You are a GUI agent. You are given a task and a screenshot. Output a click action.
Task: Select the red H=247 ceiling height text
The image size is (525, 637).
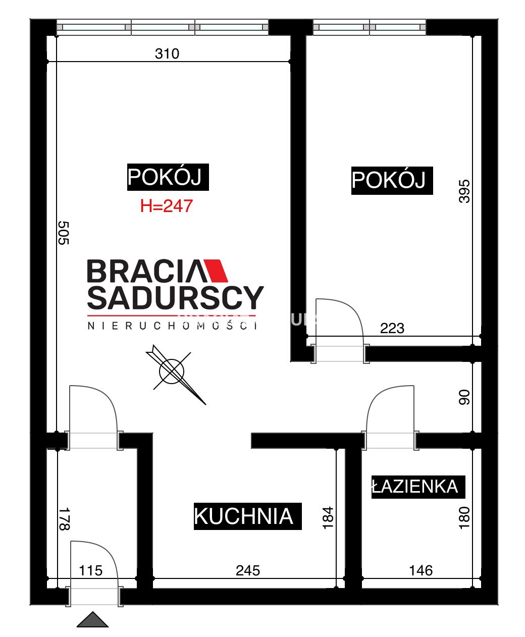[166, 206]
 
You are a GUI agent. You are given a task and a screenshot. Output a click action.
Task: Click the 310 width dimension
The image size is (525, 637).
[167, 54]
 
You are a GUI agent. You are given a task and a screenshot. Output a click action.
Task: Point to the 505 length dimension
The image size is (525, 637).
[64, 233]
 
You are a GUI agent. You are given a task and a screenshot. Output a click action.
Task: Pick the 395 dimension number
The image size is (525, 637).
[464, 191]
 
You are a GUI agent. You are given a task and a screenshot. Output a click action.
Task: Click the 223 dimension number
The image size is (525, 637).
[392, 328]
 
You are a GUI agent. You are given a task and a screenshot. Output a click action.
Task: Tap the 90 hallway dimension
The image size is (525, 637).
[464, 397]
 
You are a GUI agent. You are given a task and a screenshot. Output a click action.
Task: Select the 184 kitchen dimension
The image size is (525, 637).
[328, 518]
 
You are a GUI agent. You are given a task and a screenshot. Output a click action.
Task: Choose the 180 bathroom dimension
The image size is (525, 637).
[464, 518]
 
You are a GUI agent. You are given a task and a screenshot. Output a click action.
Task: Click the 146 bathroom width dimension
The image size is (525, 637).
[421, 570]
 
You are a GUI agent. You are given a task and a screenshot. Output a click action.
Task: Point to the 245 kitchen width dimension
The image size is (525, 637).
[248, 570]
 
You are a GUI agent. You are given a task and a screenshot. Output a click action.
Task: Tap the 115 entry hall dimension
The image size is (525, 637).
[90, 570]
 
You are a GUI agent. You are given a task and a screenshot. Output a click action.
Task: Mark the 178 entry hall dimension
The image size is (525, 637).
[64, 519]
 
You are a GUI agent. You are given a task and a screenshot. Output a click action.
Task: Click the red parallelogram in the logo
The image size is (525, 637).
[216, 271]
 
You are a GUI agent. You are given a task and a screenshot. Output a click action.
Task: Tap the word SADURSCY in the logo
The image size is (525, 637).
[175, 297]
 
